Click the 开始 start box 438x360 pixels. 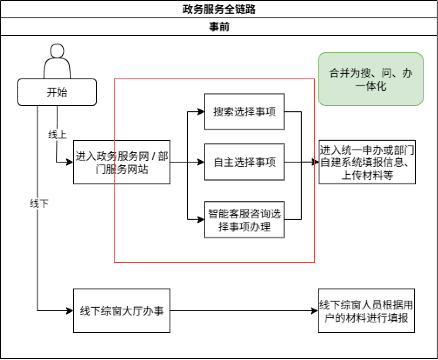tap(57, 92)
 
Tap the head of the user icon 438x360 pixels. tap(57, 51)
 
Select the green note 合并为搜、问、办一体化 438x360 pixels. tap(370, 79)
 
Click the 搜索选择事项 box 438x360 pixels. tap(244, 112)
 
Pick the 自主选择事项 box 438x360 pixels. tap(244, 162)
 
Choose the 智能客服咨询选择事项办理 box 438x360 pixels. tap(244, 220)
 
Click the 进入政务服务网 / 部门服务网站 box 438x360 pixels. tap(122, 162)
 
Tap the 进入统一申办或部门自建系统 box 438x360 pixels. tap(367, 162)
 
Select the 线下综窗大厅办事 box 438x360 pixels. tap(122, 311)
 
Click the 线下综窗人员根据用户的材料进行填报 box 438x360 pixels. tap(366, 311)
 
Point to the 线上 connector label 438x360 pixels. tap(58, 135)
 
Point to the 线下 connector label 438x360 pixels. tap(38, 204)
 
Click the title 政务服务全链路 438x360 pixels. tap(219, 9)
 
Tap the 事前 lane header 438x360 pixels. tap(219, 27)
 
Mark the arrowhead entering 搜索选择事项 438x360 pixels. tap(201, 112)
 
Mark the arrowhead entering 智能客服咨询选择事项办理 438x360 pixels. tap(201, 220)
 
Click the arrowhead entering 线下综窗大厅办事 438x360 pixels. tap(70, 311)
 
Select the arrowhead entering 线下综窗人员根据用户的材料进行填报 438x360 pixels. tap(315, 311)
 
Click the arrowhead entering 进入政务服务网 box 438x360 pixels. tap(70, 162)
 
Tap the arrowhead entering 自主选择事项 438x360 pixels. tap(201, 162)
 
